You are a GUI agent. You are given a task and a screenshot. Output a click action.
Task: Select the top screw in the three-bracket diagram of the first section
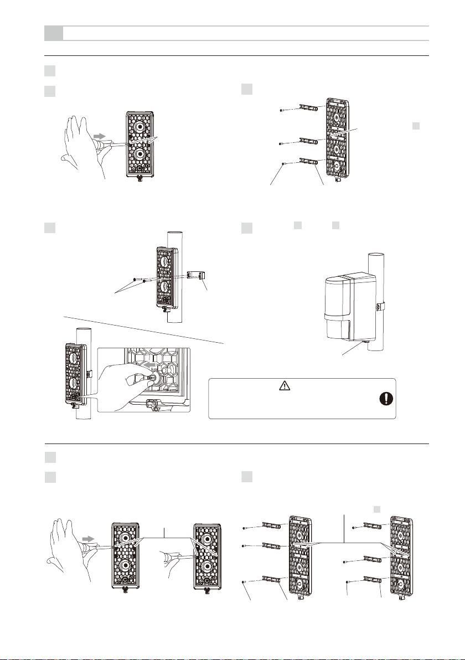pos(283,110)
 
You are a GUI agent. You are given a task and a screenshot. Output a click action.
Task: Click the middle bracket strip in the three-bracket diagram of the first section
pos(310,141)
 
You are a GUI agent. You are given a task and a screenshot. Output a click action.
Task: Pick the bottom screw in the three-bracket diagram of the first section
pos(283,163)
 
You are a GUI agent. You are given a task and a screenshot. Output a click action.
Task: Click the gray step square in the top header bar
pos(53,33)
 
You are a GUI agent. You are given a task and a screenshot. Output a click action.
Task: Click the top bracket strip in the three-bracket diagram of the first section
pos(311,106)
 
